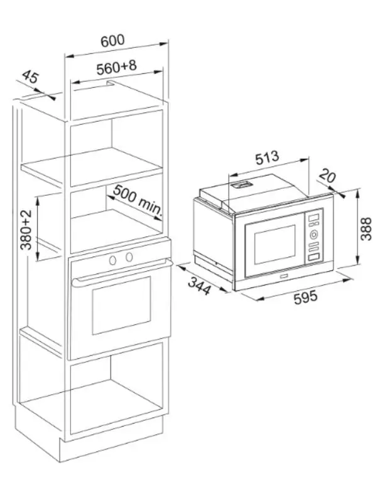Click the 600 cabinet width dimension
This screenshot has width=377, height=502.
tap(112, 41)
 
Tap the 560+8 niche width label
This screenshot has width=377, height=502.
tap(116, 67)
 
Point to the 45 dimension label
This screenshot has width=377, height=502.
tap(30, 77)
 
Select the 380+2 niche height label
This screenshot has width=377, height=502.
tap(26, 230)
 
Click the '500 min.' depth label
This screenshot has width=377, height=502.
tap(138, 199)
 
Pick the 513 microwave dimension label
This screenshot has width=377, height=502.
tap(267, 158)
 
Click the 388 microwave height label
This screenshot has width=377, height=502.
tap(366, 229)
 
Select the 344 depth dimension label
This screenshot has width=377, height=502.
tap(199, 286)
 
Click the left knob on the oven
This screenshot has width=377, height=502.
tap(112, 260)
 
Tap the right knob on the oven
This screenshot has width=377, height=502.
tap(129, 257)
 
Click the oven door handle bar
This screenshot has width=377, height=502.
tap(122, 272)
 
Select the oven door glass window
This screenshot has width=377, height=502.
tap(121, 305)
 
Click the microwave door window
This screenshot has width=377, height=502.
tap(275, 245)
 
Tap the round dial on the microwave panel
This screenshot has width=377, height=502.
tap(314, 235)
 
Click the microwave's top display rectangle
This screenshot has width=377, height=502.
tap(314, 217)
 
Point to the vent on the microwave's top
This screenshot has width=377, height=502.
tap(241, 184)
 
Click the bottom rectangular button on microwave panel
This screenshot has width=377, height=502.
tap(314, 257)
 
